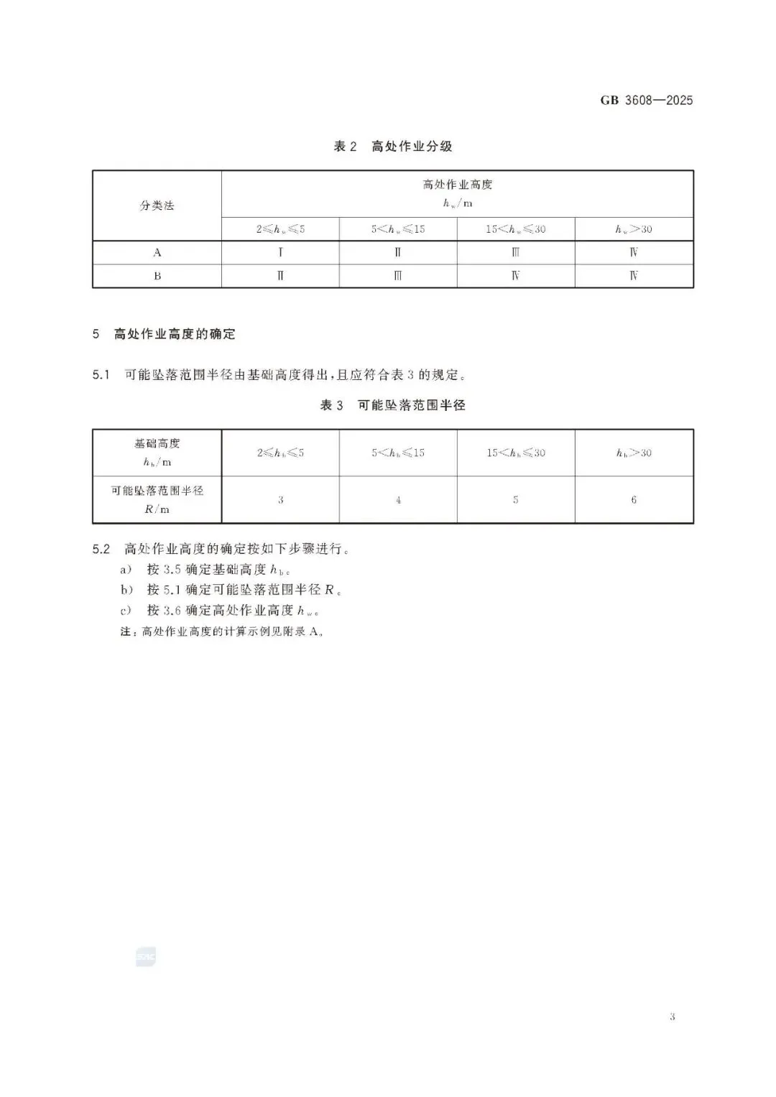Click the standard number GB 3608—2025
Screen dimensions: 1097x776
tap(646, 101)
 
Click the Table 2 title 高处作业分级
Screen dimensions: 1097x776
tap(393, 147)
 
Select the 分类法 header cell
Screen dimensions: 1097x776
tap(157, 205)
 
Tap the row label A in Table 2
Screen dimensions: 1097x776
tap(157, 253)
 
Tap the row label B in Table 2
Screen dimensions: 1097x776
tap(157, 276)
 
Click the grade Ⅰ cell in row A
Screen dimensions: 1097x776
tap(280, 253)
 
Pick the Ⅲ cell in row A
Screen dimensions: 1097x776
tap(515, 253)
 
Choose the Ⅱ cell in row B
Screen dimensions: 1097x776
tap(280, 276)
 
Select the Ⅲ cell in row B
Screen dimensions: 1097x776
tap(398, 276)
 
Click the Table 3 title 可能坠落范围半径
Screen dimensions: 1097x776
tap(393, 406)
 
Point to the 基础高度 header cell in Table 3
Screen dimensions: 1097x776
tap(157, 453)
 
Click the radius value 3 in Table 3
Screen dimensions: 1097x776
tap(280, 500)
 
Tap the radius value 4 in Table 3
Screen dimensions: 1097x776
tap(398, 500)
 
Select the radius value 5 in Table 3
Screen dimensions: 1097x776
tap(515, 500)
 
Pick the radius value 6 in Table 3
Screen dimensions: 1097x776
tap(634, 500)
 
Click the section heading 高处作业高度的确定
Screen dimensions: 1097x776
tap(174, 334)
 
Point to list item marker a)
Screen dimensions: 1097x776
tap(126, 570)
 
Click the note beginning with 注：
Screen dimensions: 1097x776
tap(223, 632)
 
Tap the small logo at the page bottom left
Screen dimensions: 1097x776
tap(145, 958)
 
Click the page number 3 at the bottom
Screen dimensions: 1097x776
tap(672, 1017)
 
